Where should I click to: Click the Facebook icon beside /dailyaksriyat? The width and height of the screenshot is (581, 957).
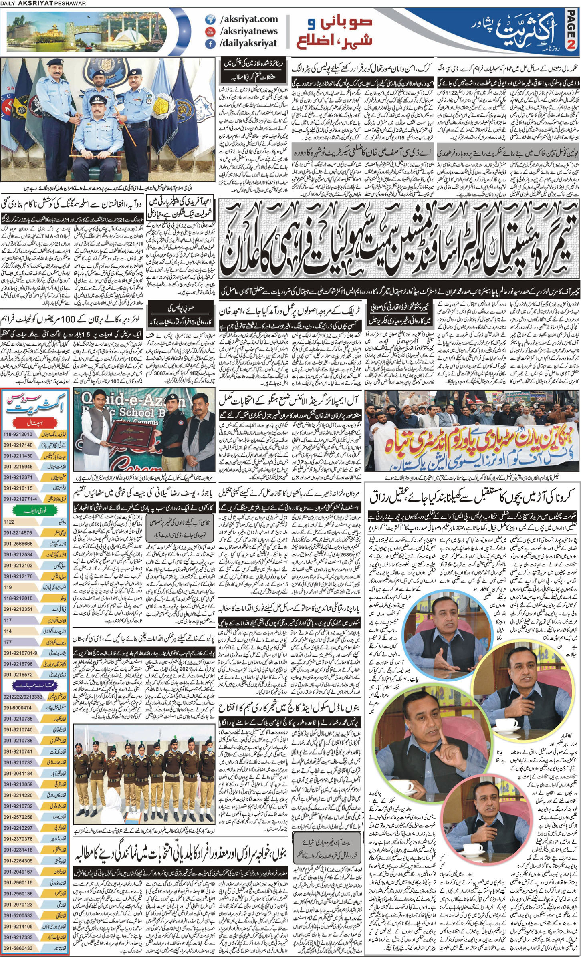pos(209,44)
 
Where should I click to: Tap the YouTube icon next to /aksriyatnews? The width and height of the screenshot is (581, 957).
pos(209,31)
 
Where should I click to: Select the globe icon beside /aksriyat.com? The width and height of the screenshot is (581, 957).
pos(209,19)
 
